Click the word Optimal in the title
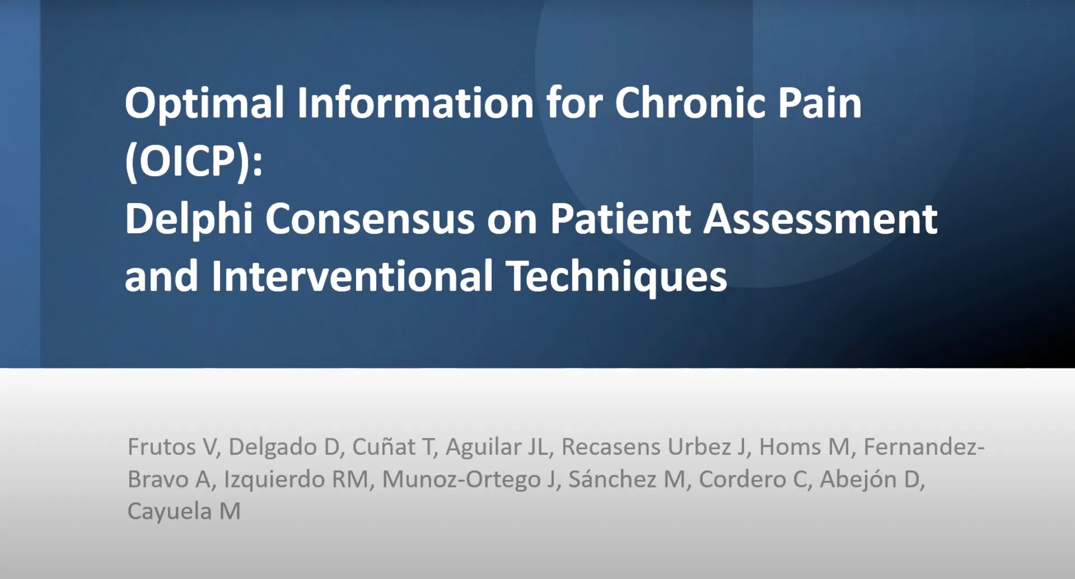(204, 105)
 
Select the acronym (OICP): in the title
(194, 162)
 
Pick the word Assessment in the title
(820, 219)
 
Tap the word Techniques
(616, 277)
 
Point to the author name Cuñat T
(392, 447)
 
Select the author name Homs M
(804, 447)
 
